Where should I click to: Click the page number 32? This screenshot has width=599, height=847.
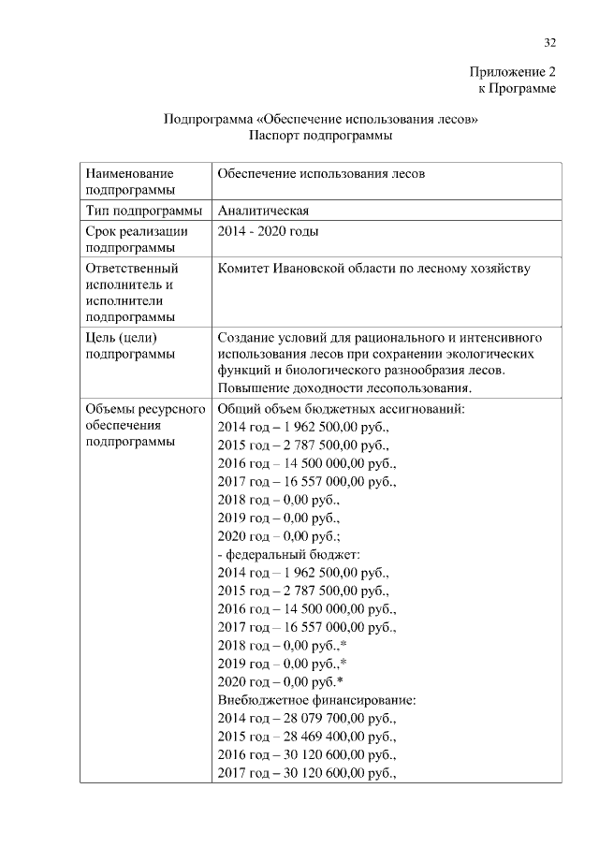tap(549, 42)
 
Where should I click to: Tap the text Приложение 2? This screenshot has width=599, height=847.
tap(513, 72)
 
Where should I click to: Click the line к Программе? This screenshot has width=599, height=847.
tap(518, 89)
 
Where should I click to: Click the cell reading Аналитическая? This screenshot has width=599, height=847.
tap(263, 210)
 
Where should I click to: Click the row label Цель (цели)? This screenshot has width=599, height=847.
tap(120, 337)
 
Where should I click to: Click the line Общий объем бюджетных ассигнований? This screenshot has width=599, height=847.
tap(341, 410)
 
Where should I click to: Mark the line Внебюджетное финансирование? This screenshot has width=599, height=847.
tap(316, 701)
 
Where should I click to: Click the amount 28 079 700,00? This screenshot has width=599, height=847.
tap(323, 720)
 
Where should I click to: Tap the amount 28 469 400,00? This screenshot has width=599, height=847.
tap(323, 737)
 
